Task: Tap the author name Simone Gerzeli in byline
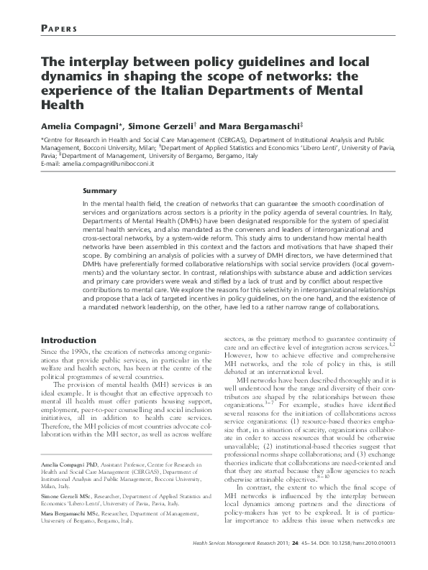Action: pyautogui.click(x=161, y=126)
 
